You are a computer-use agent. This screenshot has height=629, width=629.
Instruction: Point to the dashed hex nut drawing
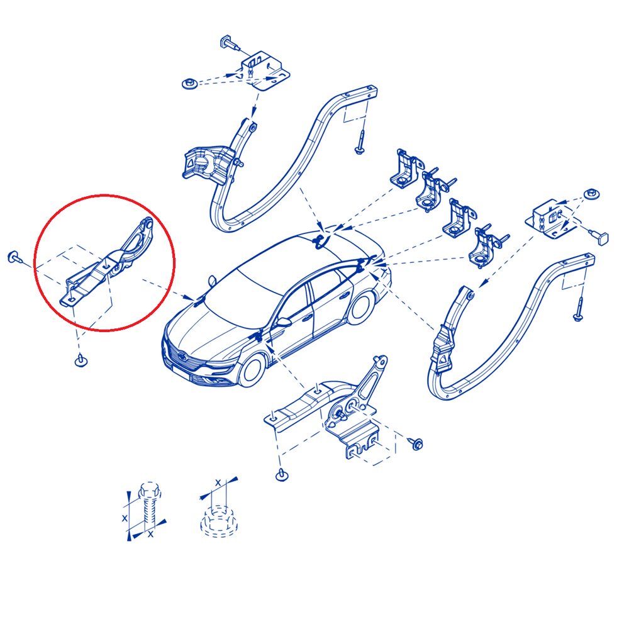coord(219,521)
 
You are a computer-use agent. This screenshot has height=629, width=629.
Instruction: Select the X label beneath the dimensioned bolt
coord(150,534)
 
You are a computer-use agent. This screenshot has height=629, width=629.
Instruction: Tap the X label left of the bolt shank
coord(125,518)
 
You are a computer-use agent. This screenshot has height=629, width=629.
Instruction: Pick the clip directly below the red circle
coord(81,360)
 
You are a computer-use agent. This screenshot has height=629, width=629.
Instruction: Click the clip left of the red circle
coord(14,257)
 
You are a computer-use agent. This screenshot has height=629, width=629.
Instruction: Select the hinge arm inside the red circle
coord(108,261)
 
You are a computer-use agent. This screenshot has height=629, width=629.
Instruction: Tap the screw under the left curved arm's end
coord(359,142)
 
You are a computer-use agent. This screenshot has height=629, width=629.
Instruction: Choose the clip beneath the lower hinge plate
coord(282,474)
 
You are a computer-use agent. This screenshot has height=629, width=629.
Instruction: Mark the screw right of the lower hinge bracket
coord(416,443)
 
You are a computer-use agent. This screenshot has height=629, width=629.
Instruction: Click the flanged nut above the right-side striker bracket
coord(591,194)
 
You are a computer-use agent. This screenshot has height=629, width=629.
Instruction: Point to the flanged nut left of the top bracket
coord(189,84)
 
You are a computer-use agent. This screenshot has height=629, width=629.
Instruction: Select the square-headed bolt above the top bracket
coord(230,43)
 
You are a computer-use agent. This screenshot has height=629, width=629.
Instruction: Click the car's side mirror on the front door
coord(283,321)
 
